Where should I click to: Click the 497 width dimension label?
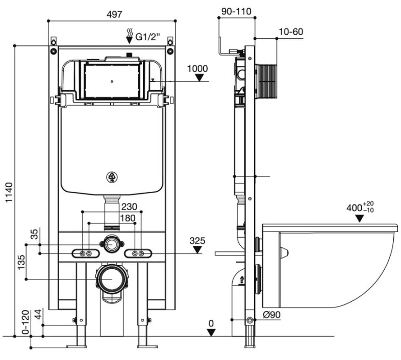coord(114,14)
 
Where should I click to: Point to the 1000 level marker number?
coord(197,69)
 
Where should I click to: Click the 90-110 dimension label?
coord(237,11)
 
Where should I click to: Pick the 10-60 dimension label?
coord(291,32)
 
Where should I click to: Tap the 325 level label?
coord(196,240)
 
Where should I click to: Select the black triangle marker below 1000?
coord(200,78)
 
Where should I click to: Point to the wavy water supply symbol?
coord(130,36)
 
